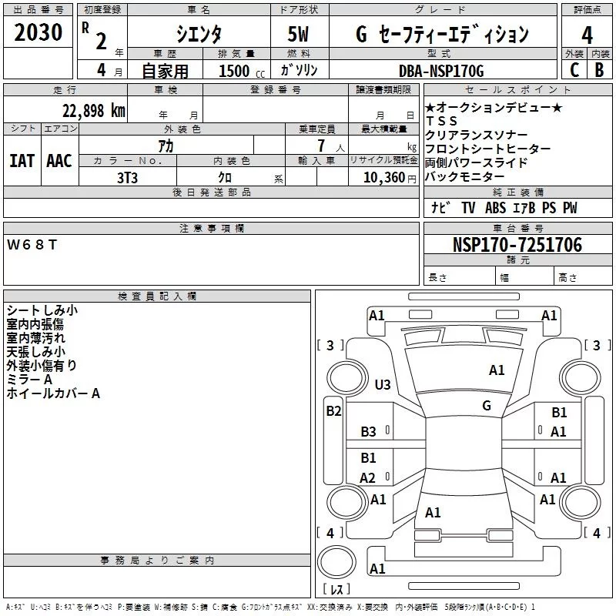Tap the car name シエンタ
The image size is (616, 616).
199,34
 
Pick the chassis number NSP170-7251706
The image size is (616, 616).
517,245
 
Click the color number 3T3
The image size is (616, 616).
128,177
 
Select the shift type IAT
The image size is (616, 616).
22,160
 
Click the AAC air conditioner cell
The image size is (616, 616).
59,160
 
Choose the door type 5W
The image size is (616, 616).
301,34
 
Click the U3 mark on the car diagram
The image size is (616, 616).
382,384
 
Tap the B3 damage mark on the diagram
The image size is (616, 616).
369,432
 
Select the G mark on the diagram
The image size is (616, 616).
487,406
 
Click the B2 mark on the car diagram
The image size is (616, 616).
333,411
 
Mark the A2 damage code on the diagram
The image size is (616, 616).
368,478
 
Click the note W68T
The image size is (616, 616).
32,245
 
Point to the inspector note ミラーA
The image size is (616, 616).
29,380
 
